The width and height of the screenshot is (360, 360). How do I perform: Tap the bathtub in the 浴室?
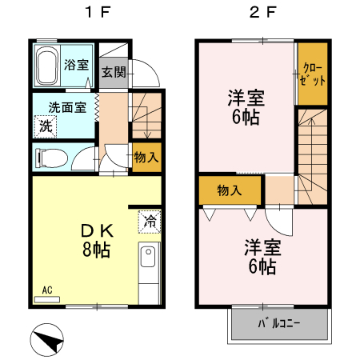47,66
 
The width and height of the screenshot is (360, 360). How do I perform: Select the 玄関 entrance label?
113,72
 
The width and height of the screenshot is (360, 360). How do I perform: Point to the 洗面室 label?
67,107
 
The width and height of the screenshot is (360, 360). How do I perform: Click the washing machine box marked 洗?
46,126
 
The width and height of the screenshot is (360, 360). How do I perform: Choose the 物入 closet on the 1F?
146,156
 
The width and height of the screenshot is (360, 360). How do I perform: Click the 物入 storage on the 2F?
230,190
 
